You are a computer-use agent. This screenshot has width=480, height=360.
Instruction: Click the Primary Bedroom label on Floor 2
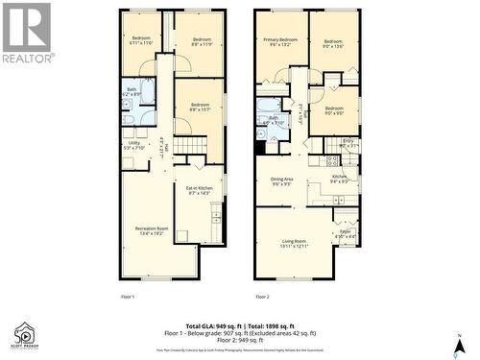[x=279, y=42]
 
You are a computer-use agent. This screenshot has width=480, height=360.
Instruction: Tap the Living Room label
[x=294, y=243]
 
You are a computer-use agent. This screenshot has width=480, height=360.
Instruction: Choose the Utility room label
[x=133, y=146]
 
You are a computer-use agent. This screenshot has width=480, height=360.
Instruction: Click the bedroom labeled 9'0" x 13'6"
[x=333, y=44]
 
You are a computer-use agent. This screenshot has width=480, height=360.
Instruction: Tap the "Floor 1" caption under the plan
[x=127, y=297]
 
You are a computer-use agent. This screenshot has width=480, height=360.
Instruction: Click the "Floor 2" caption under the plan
[x=263, y=297]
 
